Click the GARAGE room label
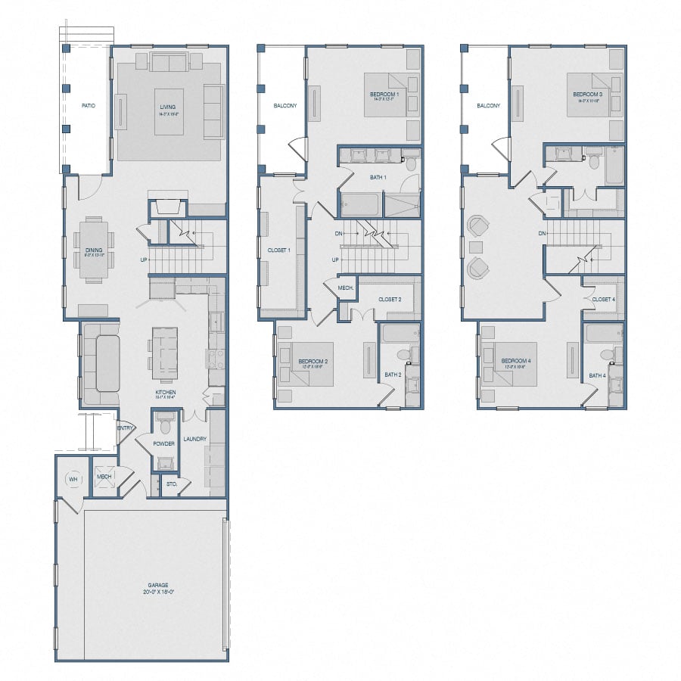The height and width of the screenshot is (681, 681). coord(158,585)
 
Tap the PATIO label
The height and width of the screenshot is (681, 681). coord(89,106)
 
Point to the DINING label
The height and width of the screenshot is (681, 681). coord(94,250)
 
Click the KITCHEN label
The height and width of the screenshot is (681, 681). coord(166,393)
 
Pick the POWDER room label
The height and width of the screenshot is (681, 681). coord(164,443)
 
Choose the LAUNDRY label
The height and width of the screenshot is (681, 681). coord(194,439)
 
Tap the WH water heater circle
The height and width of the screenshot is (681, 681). coord(73,477)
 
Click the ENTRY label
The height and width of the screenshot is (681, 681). coord(125,428)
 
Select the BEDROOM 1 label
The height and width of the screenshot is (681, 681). coord(384,93)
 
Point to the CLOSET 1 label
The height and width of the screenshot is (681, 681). coord(279,250)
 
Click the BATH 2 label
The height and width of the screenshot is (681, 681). coord(392,375)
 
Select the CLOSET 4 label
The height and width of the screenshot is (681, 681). coord(603,300)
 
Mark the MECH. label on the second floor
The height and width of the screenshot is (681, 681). coord(346,288)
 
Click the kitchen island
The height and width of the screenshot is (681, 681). coord(165,353)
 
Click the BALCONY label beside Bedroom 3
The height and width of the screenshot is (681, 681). coord(488,106)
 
